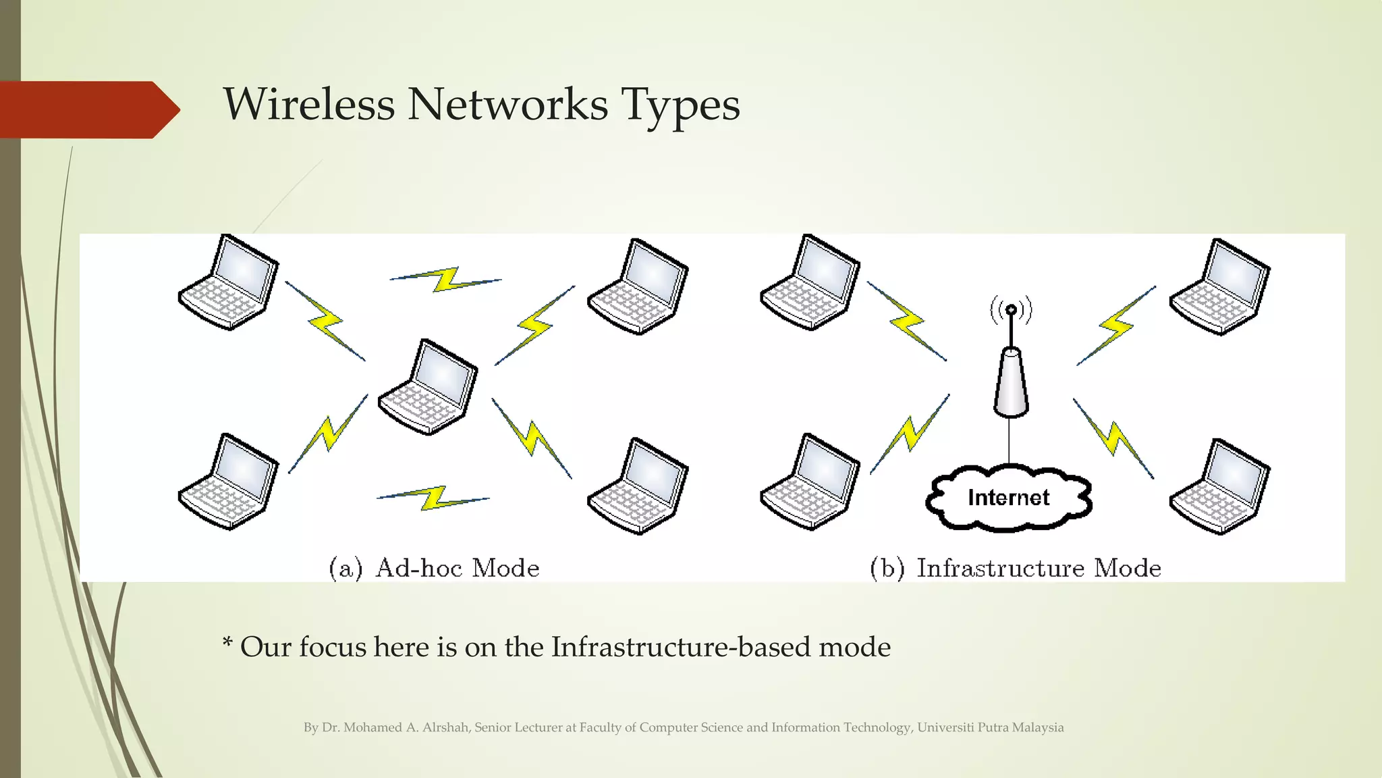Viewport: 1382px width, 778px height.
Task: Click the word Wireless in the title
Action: [x=309, y=105]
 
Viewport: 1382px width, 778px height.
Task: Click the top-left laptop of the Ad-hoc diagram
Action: [x=229, y=283]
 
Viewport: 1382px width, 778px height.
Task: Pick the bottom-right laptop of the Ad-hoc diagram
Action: [x=638, y=487]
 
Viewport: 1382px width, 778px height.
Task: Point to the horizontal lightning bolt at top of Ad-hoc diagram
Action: [x=446, y=279]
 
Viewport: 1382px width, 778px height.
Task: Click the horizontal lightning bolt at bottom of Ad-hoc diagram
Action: [x=433, y=498]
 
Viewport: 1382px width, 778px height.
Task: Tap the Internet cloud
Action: [x=1008, y=498]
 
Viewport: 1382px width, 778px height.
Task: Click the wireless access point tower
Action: [x=1010, y=384]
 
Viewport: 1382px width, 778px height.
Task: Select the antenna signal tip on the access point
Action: [x=1011, y=310]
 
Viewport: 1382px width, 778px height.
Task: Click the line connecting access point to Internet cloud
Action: [x=1010, y=440]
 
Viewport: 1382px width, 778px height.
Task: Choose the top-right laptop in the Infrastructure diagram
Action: [x=1220, y=287]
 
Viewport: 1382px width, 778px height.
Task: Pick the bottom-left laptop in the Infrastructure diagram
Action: [x=810, y=482]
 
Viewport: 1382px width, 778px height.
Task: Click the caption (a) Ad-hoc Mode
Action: [x=434, y=568]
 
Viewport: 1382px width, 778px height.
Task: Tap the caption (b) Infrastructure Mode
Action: [x=1016, y=568]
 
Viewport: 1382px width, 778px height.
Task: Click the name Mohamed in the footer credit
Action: [x=372, y=727]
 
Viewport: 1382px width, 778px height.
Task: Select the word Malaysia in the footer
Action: [x=1038, y=727]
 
